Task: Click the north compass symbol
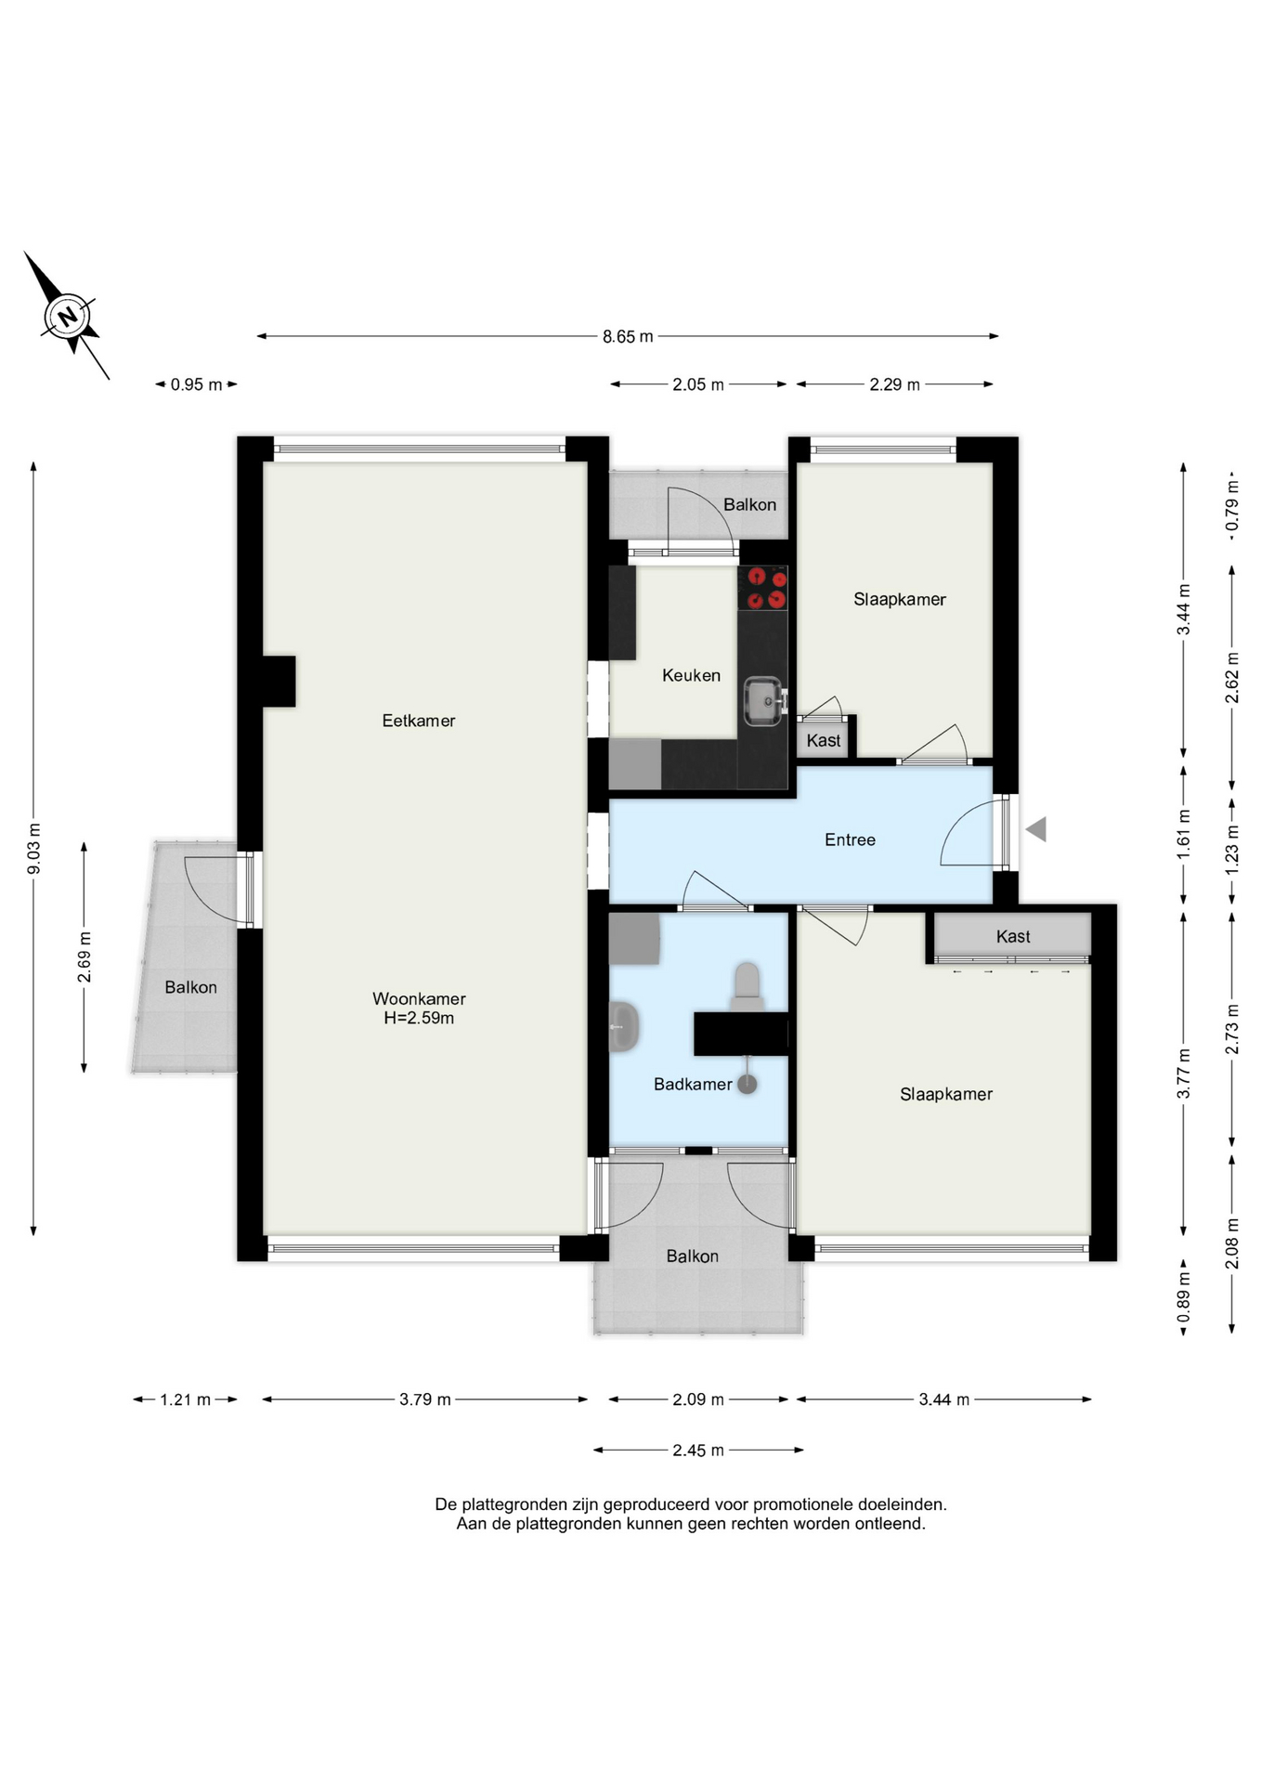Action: point(67,316)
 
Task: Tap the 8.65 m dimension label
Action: point(628,336)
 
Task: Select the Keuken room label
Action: point(691,675)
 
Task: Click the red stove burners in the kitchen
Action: point(767,588)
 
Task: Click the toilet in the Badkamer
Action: point(747,987)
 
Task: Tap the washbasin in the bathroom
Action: point(624,1026)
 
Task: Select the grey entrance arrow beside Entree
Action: point(1036,829)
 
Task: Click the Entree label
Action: point(850,839)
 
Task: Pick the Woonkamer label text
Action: point(419,998)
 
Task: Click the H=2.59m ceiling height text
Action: point(419,1018)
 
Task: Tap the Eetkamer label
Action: point(419,721)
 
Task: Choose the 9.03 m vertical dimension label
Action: point(33,849)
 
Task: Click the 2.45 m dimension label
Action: point(698,1450)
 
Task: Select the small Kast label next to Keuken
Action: point(824,740)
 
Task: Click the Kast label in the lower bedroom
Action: point(1013,936)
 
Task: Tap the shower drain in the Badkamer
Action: point(747,1083)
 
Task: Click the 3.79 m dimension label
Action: point(425,1399)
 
